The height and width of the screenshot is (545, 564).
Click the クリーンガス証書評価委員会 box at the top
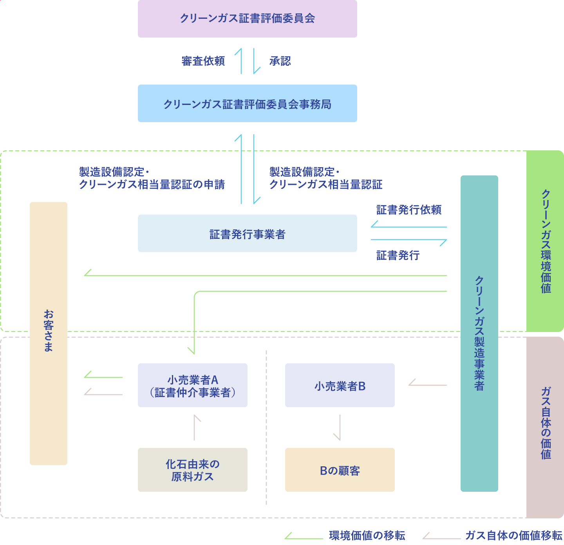247,19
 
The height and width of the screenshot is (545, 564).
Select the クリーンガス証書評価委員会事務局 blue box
247,103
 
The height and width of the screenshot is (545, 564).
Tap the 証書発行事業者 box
247,233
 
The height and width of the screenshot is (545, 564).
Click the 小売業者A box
192,385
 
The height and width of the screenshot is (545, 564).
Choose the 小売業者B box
340,385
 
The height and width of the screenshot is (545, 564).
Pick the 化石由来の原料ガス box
192,470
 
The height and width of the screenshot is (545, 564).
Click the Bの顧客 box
340,470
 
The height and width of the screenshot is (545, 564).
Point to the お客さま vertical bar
49,333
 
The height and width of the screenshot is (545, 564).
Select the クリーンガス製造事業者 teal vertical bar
479,333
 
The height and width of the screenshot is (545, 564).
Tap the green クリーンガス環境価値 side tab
545,241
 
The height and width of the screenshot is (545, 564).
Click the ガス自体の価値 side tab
545,427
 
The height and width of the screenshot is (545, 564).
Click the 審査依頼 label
203,61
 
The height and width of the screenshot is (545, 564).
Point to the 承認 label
280,61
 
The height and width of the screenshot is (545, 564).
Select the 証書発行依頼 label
409,210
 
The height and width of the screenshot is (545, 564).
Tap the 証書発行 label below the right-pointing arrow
398,255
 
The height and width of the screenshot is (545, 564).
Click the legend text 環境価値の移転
367,535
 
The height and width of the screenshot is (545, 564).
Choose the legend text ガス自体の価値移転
513,535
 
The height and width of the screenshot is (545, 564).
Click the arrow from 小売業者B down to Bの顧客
339,428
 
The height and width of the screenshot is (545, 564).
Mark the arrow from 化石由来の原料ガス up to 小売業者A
195,428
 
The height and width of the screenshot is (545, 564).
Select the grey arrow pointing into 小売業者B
427,384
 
